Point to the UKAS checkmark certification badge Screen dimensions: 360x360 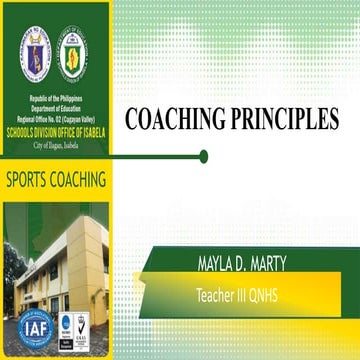[x=81, y=326]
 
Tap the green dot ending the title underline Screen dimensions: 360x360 [x=204, y=155]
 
